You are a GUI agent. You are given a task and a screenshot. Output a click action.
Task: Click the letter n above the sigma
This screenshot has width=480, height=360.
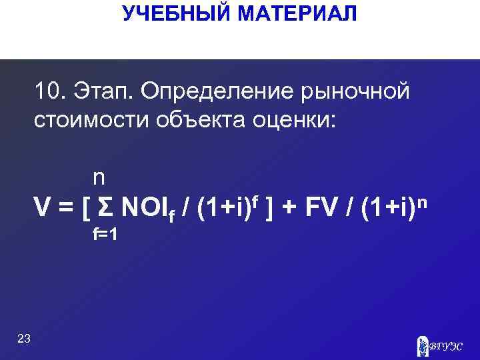[99, 178]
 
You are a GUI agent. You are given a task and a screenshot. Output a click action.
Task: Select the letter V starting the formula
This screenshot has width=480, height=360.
[43, 209]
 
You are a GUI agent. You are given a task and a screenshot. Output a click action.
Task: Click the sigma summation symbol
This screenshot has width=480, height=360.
[104, 209]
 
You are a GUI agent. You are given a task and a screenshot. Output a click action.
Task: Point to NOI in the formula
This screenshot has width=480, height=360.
[142, 209]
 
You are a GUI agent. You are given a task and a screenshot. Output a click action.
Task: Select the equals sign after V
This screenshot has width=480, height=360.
[65, 209]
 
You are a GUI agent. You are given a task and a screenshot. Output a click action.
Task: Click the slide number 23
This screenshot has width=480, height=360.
[24, 339]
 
